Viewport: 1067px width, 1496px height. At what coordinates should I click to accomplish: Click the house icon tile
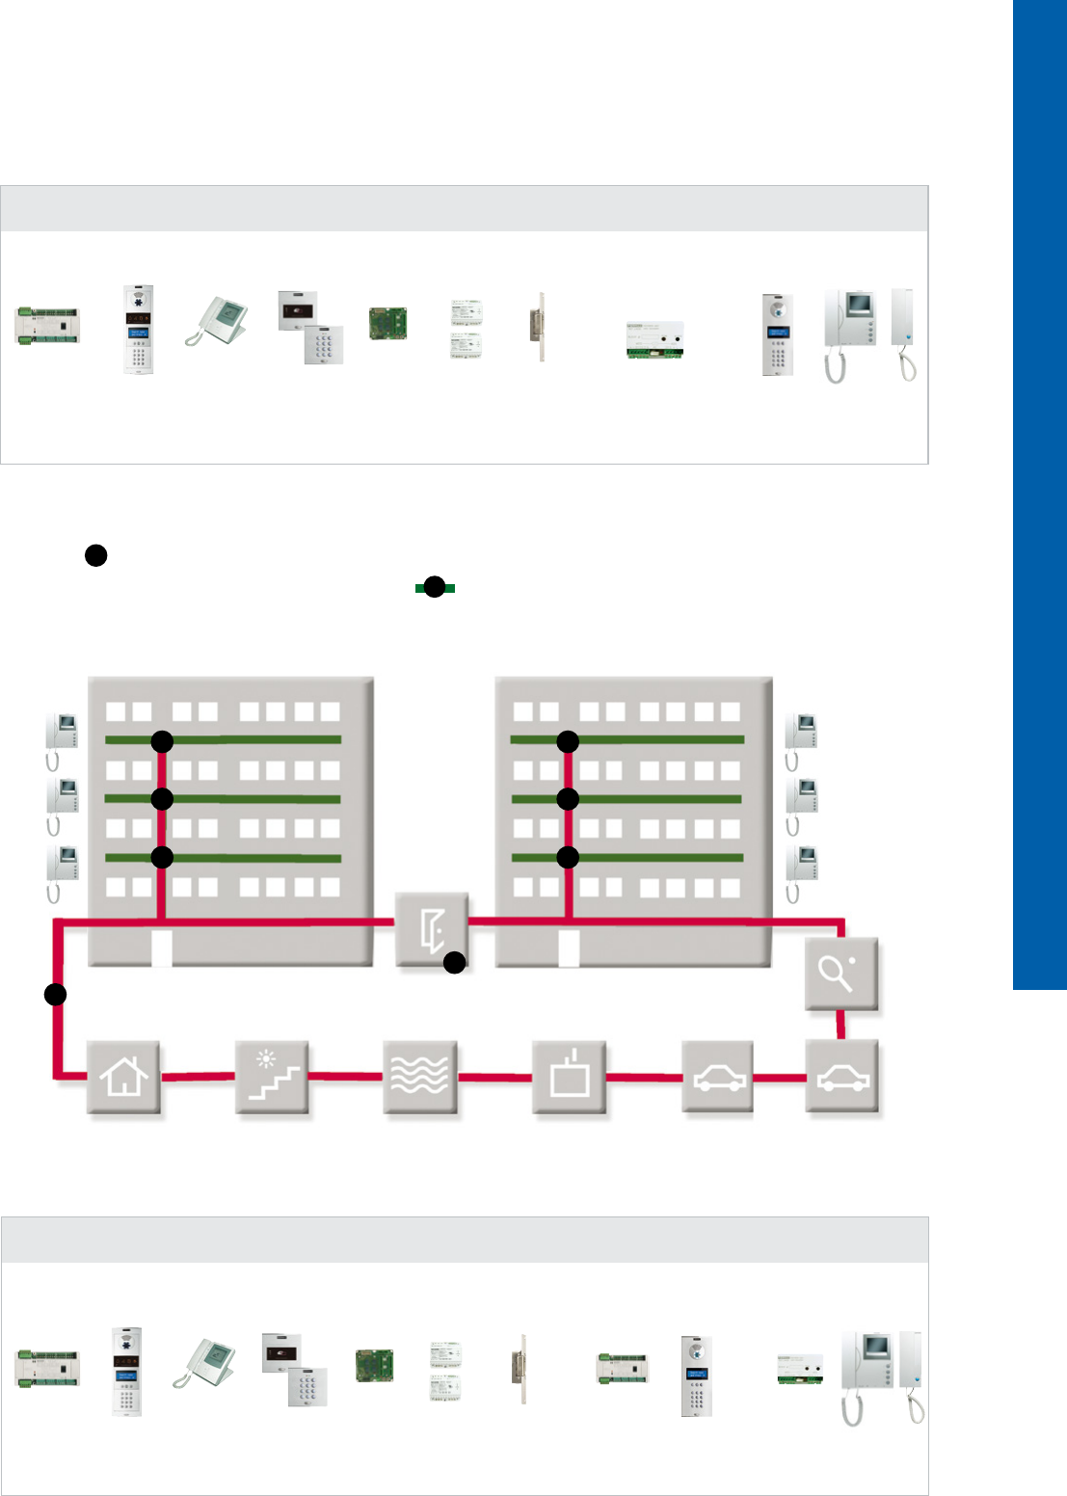click(x=124, y=1077)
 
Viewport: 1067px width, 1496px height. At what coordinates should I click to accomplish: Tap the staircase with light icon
click(x=273, y=1077)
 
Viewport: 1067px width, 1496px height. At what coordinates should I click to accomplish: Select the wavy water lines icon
click(x=420, y=1077)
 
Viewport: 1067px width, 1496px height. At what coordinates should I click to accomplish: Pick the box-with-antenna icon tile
click(x=569, y=1077)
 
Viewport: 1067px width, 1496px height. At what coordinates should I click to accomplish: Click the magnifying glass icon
click(x=841, y=974)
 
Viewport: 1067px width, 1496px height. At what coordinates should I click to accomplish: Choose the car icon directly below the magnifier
click(x=842, y=1077)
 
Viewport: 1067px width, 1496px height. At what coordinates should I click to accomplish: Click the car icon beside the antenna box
click(x=717, y=1077)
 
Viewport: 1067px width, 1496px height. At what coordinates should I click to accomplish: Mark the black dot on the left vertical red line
click(x=56, y=994)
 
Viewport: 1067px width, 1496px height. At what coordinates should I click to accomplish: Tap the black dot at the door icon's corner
click(x=454, y=962)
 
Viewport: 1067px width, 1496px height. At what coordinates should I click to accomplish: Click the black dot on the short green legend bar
click(x=435, y=587)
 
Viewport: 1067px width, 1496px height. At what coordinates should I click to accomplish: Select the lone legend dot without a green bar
click(x=95, y=555)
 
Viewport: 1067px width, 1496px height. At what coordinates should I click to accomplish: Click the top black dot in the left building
click(x=162, y=741)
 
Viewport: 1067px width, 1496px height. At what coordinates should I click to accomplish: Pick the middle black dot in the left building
click(x=162, y=798)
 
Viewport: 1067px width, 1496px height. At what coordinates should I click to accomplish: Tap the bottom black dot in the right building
click(x=568, y=857)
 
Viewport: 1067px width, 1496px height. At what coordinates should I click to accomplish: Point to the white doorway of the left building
click(x=162, y=948)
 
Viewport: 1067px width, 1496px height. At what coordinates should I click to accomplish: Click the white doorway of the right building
click(x=569, y=948)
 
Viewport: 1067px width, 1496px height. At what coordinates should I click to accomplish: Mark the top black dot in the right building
click(x=568, y=741)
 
